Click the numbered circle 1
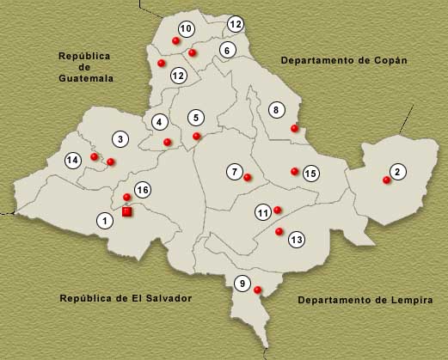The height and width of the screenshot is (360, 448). point(105,222)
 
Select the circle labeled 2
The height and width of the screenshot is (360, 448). point(397,172)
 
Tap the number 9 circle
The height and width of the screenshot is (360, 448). point(242,284)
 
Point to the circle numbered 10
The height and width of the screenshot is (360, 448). point(186,29)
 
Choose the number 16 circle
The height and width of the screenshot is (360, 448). point(143,190)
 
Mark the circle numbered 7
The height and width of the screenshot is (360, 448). point(235,171)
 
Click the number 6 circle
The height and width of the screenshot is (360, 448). point(228,50)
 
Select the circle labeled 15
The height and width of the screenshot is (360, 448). point(311,174)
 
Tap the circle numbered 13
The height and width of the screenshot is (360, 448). point(297,239)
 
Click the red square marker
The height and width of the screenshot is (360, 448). point(127,211)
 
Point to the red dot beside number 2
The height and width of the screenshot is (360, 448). point(385,180)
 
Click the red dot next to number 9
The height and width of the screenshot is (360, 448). point(258,290)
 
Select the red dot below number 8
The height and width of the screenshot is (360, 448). point(294,129)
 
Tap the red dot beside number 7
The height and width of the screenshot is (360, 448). point(248,178)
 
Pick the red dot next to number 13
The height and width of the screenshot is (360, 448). point(279,232)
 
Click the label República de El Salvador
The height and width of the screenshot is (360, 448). point(125,298)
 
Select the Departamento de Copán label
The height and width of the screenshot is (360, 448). point(343,61)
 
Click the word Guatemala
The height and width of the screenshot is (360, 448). point(85,78)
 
